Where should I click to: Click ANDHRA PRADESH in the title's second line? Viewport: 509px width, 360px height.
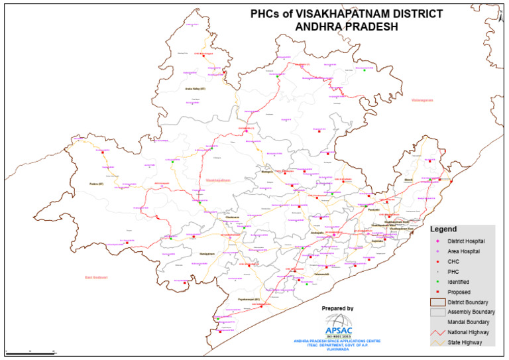[x=341, y=27]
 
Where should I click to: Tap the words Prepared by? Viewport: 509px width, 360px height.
[x=338, y=308]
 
